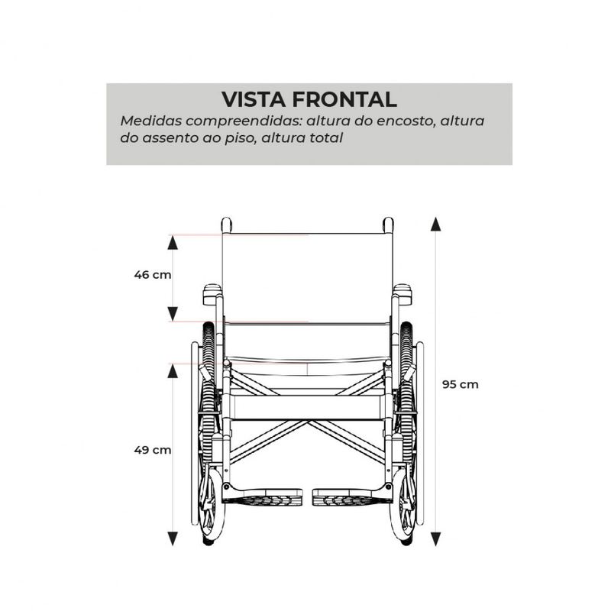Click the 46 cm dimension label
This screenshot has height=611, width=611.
[x=152, y=275]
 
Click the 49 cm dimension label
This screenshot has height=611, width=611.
[x=152, y=450]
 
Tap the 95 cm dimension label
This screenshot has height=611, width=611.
[x=461, y=385]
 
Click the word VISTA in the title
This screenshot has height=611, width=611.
[x=254, y=99]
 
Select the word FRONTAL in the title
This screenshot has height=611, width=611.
[x=344, y=99]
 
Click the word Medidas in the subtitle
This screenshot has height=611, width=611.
[x=150, y=121]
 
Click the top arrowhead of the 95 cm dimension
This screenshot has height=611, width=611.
[x=435, y=225]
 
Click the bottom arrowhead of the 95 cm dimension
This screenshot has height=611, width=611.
[x=435, y=538]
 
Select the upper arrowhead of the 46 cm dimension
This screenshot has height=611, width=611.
[x=173, y=243]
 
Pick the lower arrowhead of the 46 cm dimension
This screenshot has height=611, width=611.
[x=173, y=314]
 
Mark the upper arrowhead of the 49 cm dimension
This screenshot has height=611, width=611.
[x=173, y=371]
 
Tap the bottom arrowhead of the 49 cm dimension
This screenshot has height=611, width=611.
[x=173, y=538]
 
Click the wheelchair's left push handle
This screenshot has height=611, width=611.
[x=226, y=225]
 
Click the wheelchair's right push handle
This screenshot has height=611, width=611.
[x=388, y=225]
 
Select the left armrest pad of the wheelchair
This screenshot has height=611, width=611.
[x=212, y=294]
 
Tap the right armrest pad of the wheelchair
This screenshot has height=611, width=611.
[x=402, y=294]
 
